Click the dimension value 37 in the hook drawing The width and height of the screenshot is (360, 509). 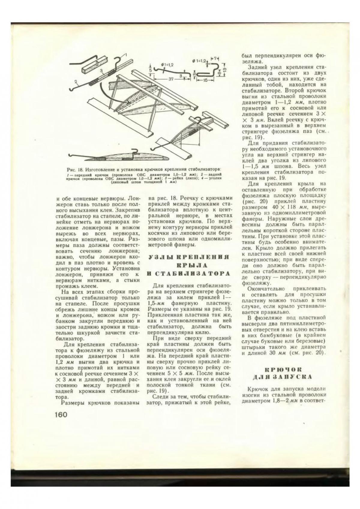pyautogui.click(x=171, y=79)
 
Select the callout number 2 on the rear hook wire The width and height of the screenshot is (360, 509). pyautogui.click(x=76, y=82)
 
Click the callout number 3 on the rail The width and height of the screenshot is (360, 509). pyautogui.click(x=102, y=71)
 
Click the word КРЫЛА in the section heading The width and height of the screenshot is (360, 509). pyautogui.click(x=189, y=265)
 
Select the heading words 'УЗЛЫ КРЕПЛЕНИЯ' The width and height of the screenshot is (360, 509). pyautogui.click(x=189, y=257)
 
